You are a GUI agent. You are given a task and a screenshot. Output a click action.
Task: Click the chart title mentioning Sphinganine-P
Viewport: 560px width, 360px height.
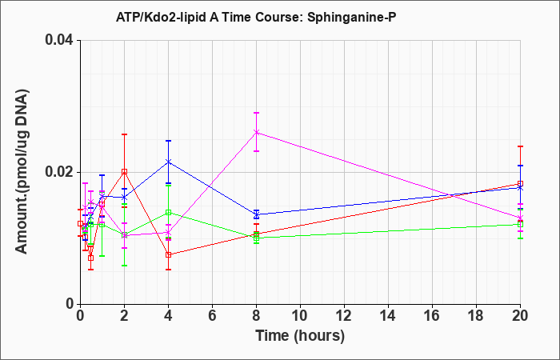256,17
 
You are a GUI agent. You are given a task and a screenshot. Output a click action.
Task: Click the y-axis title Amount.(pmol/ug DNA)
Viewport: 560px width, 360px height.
22,171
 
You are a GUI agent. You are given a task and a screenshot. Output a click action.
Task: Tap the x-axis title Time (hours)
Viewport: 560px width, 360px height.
300,336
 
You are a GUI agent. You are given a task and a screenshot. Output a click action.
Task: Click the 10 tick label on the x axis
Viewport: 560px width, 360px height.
300,316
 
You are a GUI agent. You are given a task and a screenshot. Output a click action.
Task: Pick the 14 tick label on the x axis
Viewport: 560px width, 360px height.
388,316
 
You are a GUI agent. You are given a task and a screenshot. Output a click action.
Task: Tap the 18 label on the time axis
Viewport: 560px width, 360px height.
476,316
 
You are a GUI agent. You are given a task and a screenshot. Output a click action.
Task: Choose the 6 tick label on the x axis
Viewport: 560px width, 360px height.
212,316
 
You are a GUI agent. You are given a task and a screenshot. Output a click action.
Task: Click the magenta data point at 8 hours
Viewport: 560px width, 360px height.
256,132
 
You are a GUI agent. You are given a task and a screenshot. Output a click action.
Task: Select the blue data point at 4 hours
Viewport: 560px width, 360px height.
168,162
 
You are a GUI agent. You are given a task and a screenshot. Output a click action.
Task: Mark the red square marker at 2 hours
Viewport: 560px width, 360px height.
124,172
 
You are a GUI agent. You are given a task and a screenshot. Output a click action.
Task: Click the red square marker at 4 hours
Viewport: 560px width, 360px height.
168,254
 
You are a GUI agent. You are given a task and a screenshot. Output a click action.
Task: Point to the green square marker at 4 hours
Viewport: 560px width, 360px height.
168,213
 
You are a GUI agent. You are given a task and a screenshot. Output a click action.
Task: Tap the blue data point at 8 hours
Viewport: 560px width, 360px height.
256,214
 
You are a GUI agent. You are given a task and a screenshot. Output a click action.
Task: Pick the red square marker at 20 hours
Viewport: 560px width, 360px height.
520,184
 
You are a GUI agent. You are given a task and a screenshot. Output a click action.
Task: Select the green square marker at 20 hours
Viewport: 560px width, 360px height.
520,224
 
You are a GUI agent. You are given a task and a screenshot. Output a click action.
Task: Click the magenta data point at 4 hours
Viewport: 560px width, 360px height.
168,233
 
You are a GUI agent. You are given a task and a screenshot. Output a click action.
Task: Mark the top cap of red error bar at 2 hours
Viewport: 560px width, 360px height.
124,134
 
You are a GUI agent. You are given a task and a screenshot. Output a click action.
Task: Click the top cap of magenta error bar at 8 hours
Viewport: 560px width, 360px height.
256,113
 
